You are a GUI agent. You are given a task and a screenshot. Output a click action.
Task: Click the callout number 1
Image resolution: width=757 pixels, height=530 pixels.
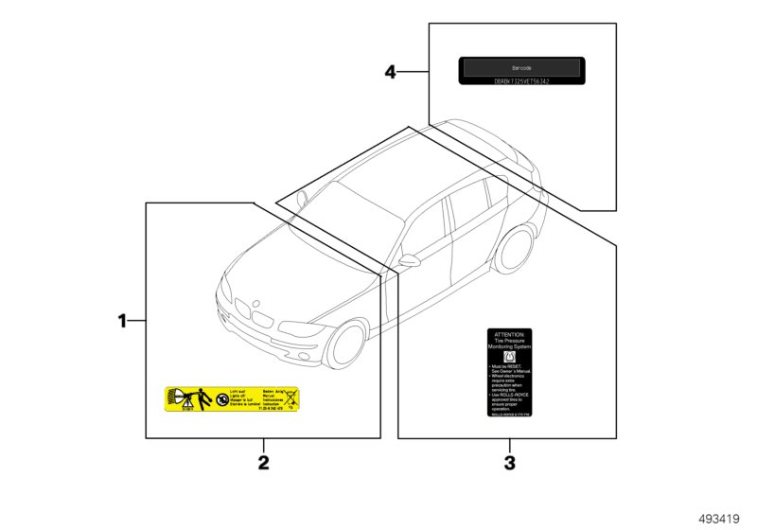121,322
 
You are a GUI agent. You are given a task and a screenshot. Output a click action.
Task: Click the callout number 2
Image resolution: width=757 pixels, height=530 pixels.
264,463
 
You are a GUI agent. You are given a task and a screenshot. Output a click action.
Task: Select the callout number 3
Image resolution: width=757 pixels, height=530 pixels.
510,463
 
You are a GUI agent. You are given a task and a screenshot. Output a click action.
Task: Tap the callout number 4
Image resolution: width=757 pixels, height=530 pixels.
390,72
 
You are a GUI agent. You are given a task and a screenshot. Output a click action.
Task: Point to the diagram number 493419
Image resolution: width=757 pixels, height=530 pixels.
720,518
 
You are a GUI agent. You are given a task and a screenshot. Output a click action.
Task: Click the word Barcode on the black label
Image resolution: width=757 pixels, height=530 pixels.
521,68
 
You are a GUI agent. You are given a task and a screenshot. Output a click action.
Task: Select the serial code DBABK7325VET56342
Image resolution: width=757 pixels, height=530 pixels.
521,82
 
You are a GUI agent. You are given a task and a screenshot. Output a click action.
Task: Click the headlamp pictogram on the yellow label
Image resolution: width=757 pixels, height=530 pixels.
177,394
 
